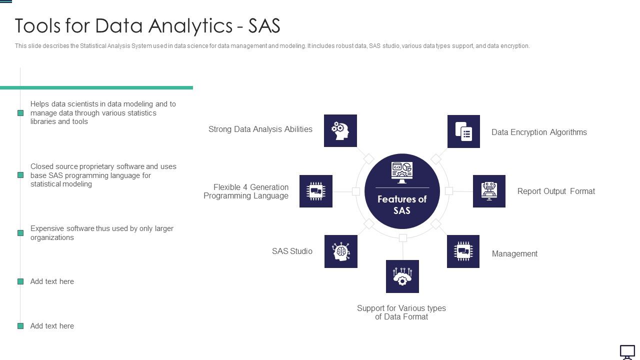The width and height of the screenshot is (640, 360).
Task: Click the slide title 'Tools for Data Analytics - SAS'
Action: (x=147, y=25)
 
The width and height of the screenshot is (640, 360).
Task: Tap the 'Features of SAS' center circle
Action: (x=402, y=191)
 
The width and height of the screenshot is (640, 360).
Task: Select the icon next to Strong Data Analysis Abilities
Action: (x=340, y=131)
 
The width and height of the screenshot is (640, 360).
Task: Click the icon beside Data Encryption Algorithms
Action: (x=463, y=131)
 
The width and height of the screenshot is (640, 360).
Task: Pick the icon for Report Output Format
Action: (x=489, y=191)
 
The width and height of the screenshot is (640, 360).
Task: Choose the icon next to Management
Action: (x=463, y=251)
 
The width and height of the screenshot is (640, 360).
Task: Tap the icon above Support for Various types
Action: (x=402, y=276)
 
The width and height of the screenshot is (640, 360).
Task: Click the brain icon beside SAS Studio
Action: (x=341, y=251)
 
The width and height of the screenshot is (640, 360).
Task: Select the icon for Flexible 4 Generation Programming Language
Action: (x=316, y=191)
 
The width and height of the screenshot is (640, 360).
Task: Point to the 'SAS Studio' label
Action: (x=292, y=251)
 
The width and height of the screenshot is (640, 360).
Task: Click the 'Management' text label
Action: (x=514, y=253)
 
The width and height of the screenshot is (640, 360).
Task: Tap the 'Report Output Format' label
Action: (x=556, y=191)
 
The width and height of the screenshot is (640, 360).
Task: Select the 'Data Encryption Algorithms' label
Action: (x=539, y=132)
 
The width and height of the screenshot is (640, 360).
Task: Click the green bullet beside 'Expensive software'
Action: (x=20, y=233)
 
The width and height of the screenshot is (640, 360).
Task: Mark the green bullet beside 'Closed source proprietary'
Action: (x=20, y=175)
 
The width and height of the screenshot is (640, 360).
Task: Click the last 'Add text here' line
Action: (x=52, y=326)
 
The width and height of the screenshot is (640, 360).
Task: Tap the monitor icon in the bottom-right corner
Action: (x=627, y=352)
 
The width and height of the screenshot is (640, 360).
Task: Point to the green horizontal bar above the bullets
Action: (x=96, y=87)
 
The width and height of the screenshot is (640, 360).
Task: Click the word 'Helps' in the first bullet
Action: (x=40, y=104)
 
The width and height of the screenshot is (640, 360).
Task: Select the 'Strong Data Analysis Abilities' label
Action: (x=260, y=129)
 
